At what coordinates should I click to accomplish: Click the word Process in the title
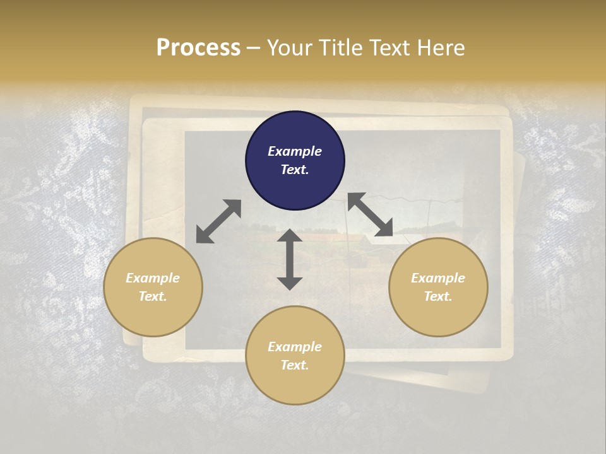point(198,48)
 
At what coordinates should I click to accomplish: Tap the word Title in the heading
point(342,48)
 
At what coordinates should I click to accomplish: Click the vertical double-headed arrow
point(290,259)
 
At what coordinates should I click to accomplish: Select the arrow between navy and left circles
point(218,221)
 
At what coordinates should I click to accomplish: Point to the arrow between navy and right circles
point(370,215)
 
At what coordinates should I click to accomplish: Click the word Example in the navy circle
point(295,151)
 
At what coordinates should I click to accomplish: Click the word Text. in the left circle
point(153,296)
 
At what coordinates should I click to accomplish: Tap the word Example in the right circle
point(438,278)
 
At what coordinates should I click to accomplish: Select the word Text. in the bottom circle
point(295,365)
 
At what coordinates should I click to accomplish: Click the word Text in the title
point(392,48)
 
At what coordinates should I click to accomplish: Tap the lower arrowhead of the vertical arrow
point(290,283)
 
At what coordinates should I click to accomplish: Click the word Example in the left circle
point(153,278)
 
